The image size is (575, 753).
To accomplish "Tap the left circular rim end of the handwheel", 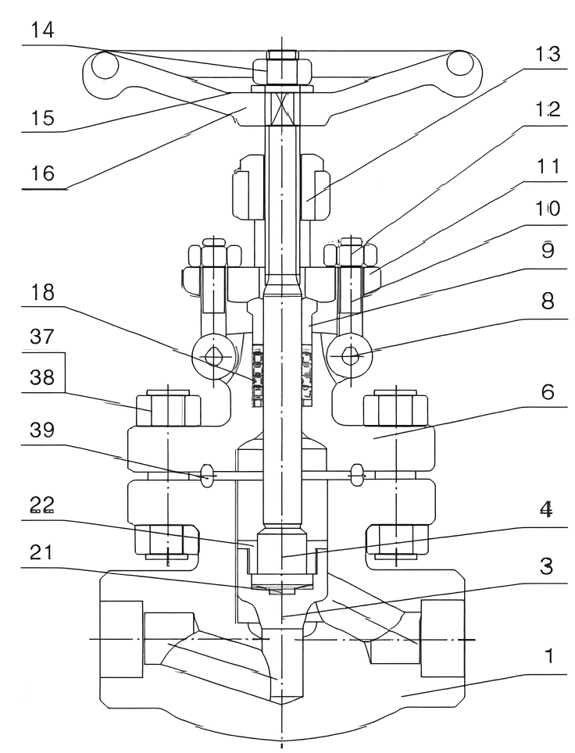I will point(102,69).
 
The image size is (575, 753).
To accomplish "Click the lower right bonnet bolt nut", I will point(395,538).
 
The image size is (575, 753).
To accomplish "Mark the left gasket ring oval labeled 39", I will point(207,474).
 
